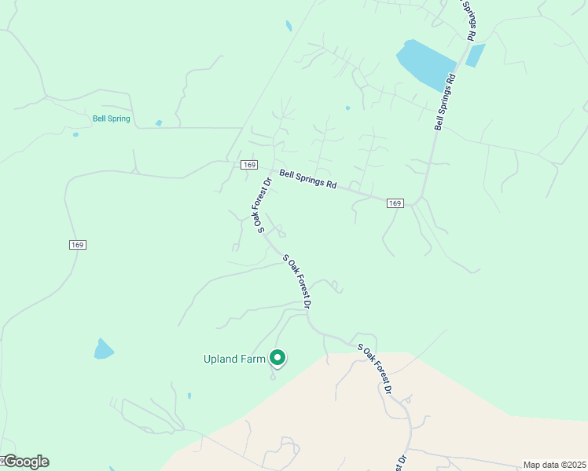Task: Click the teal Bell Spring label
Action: tap(111, 119)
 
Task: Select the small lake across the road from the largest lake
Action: tap(475, 55)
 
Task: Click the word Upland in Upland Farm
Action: tap(219, 360)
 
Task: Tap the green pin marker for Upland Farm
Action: tap(277, 358)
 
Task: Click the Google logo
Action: tap(25, 462)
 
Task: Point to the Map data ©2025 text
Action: tap(554, 465)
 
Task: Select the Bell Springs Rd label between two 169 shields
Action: tap(308, 180)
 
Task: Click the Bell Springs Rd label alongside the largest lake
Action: tap(446, 102)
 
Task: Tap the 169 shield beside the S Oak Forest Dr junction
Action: tap(249, 164)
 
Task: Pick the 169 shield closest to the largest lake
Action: tap(395, 203)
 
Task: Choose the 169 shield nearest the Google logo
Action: tap(76, 245)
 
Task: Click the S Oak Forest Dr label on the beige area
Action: tap(375, 368)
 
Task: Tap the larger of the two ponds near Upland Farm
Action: tap(104, 349)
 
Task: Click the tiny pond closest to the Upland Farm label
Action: tap(189, 396)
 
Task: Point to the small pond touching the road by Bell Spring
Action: tap(159, 123)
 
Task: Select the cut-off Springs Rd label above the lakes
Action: tap(467, 20)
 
